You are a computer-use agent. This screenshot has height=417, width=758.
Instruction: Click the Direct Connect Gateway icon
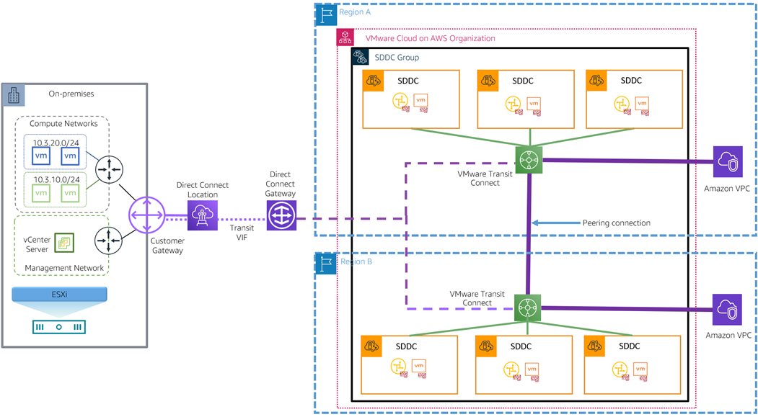point(281,215)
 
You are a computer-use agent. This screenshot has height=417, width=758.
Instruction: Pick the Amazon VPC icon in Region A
point(727,161)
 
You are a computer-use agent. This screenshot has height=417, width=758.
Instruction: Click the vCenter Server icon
point(66,243)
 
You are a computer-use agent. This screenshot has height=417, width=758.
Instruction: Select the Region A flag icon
point(327,12)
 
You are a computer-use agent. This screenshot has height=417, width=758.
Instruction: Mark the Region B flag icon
point(327,263)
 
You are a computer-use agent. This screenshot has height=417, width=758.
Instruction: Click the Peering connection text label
point(616,223)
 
